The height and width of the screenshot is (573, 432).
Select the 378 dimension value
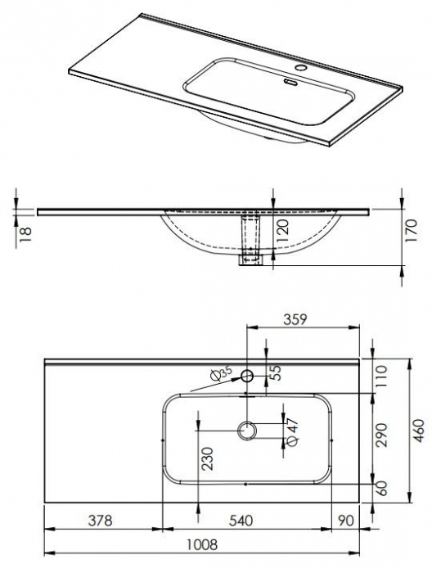pos(99,520)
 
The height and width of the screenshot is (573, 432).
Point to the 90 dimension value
pos(346,520)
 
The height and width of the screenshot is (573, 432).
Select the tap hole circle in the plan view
pos(247,376)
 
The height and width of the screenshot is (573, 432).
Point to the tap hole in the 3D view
pos(300,67)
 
